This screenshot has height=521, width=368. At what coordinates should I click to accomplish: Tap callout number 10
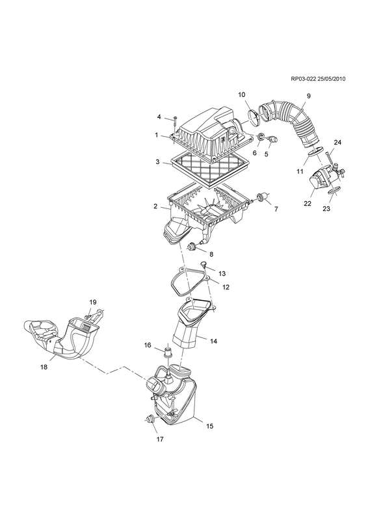pyautogui.click(x=242, y=94)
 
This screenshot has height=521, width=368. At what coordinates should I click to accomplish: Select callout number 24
pyautogui.click(x=337, y=143)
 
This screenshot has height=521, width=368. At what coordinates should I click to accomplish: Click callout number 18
pyautogui.click(x=44, y=367)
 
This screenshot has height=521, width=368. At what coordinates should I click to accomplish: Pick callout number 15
pyautogui.click(x=209, y=426)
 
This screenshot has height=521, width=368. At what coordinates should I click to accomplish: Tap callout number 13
pyautogui.click(x=222, y=274)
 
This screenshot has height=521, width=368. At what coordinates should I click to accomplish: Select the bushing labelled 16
pyautogui.click(x=169, y=352)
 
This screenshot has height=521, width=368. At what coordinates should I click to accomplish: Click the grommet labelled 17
pyautogui.click(x=151, y=419)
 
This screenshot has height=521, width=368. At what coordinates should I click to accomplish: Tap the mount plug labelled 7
pyautogui.click(x=261, y=199)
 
